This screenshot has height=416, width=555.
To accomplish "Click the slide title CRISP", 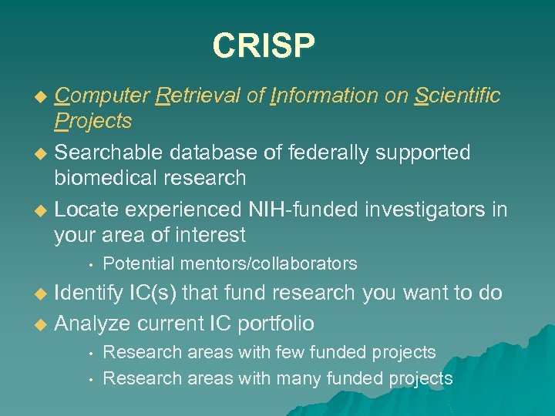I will [x=264, y=45].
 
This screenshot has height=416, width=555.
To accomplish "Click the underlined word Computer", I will [x=102, y=96].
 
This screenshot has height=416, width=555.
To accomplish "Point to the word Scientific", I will [x=457, y=96].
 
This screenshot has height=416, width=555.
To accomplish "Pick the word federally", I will [x=325, y=153].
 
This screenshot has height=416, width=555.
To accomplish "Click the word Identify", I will [x=88, y=294].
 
